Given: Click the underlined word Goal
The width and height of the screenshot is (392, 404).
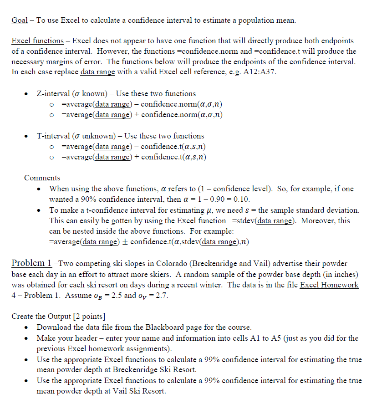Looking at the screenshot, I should click(20, 20).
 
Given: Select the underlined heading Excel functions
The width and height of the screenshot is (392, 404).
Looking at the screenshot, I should click(37, 41).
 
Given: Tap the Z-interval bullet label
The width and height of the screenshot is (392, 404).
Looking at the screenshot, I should click(53, 93).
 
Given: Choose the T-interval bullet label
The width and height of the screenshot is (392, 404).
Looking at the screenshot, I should click(53, 136).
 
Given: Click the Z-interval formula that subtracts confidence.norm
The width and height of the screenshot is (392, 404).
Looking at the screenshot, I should click(142, 104).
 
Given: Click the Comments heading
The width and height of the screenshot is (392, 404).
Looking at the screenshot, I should click(42, 178).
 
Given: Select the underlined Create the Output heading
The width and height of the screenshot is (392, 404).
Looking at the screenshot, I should click(41, 317).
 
